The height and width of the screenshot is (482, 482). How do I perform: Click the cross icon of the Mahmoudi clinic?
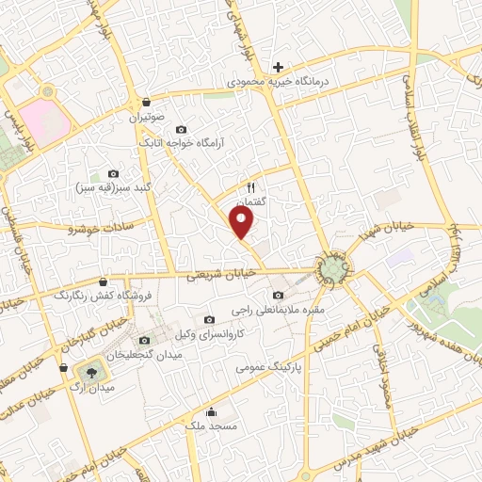click(278, 67)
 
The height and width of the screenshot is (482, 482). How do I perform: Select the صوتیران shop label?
click(147, 120)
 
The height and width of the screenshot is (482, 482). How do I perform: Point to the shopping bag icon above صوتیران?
click(147, 103)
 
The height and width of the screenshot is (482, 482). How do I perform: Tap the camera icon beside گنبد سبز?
click(114, 173)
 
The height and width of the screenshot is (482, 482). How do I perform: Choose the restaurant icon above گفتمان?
click(251, 187)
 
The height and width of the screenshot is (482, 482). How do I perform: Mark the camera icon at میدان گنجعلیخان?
click(144, 339)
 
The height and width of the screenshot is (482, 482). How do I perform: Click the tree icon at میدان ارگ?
click(91, 371)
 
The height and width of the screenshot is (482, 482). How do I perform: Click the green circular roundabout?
click(332, 271)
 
